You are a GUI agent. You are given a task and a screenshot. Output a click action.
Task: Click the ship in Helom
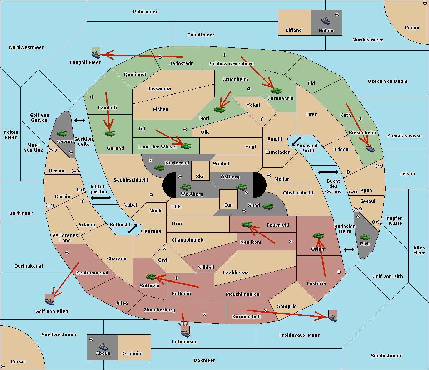point(326,21)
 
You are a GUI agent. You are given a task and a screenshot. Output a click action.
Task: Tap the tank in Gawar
point(62,133)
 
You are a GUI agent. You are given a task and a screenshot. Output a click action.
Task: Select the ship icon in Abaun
point(103,346)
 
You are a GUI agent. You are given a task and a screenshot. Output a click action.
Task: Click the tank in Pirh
point(365,237)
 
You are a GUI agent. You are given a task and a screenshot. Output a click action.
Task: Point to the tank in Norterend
point(159,167)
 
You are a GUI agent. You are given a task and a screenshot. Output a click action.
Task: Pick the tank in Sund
point(267,206)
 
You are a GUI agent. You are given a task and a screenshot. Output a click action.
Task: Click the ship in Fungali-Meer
point(96,55)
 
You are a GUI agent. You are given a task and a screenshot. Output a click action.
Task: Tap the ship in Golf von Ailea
point(49,301)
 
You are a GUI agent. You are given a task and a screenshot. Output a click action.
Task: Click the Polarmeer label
point(145,12)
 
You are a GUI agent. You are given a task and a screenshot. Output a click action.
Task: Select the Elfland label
point(294,30)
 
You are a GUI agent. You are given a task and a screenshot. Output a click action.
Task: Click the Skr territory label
point(200,176)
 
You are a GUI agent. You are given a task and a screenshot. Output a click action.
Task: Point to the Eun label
point(228,205)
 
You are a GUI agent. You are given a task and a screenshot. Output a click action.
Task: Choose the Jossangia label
point(159,89)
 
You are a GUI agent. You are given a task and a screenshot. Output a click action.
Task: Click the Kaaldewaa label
point(236,273)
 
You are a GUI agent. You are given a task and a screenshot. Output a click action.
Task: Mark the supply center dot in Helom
point(337,15)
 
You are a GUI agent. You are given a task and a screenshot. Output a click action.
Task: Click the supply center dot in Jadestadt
point(160,57)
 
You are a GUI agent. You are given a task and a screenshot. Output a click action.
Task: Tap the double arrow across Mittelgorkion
point(101,198)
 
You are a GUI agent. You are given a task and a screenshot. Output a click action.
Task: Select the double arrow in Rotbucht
point(132,229)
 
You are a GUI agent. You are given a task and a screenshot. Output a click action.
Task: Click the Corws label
point(18,362)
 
